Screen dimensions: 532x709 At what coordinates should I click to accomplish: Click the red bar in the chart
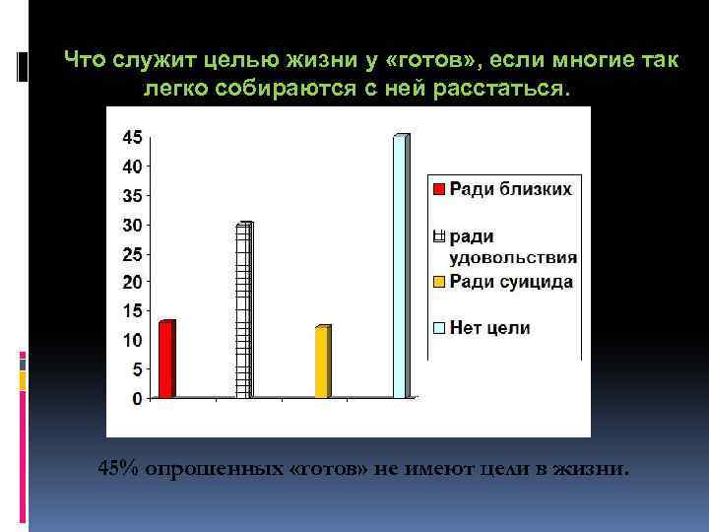click(166, 360)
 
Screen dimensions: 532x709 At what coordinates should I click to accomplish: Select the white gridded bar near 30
click(243, 310)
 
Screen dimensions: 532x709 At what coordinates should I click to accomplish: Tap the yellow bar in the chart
click(322, 362)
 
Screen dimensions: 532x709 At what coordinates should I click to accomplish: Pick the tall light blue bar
click(400, 266)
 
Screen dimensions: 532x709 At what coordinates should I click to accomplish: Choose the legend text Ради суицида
click(511, 282)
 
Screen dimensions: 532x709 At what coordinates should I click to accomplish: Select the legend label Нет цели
click(489, 328)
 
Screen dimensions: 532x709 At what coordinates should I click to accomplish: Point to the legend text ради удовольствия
click(512, 247)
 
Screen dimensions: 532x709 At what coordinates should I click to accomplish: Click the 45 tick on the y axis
click(131, 136)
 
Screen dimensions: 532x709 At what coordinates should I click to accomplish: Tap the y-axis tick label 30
click(131, 225)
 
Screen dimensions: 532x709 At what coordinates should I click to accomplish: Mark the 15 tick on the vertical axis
click(131, 311)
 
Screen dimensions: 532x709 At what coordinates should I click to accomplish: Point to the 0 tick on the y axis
click(136, 398)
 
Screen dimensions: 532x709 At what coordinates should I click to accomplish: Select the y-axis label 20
click(131, 283)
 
